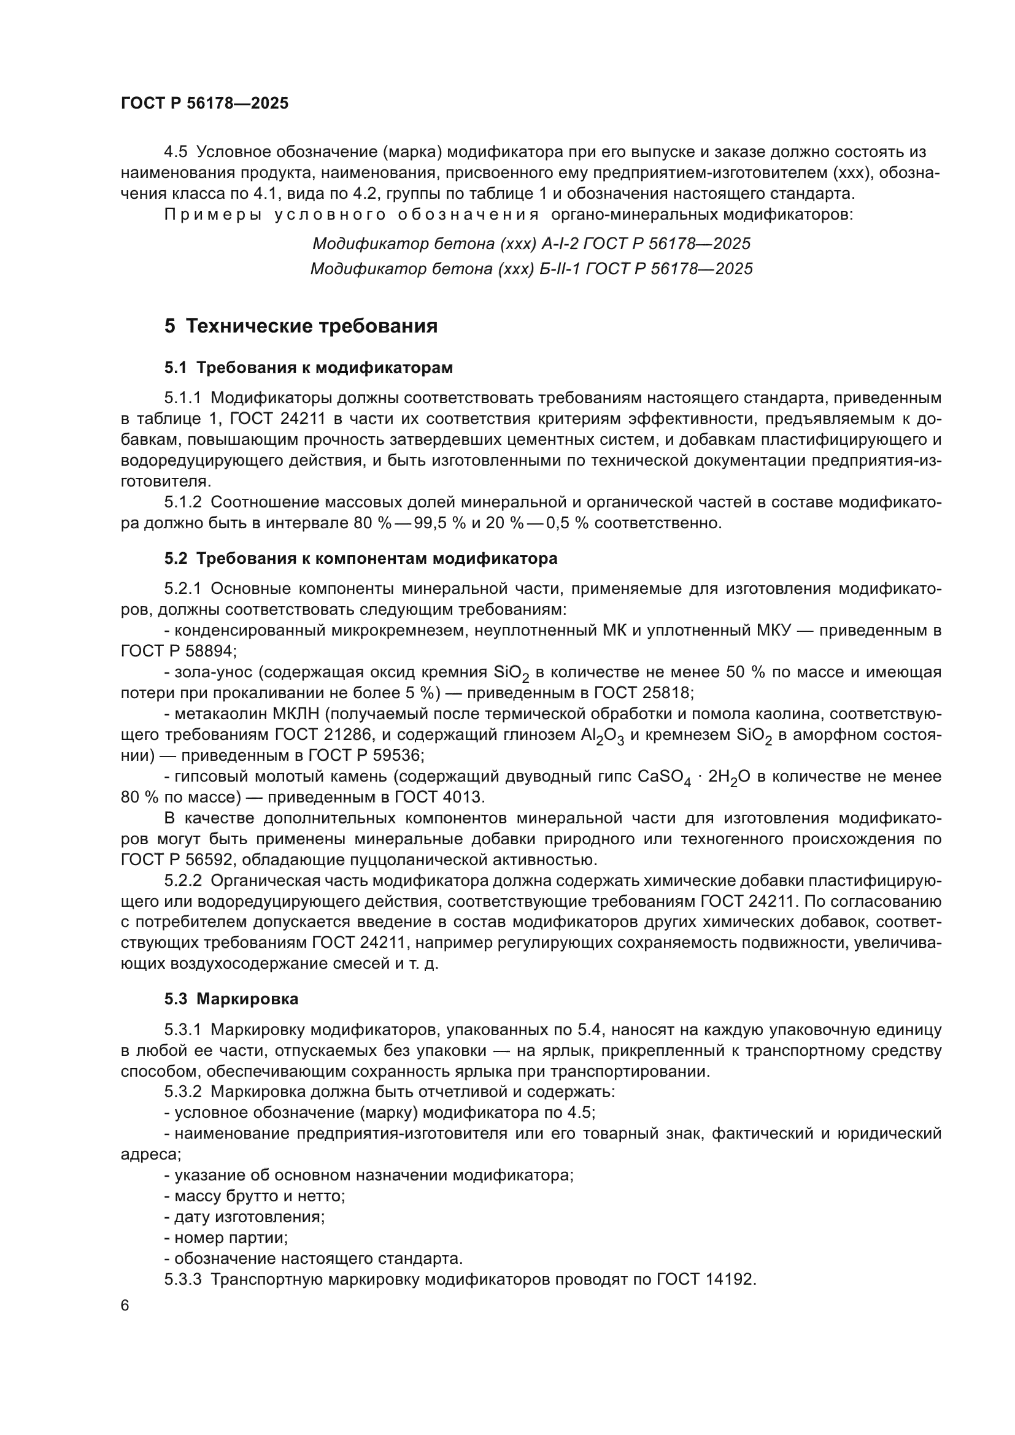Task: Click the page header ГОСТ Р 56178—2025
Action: pyautogui.click(x=204, y=104)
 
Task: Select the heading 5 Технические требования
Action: pyautogui.click(x=301, y=326)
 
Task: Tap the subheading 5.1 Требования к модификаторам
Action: pyautogui.click(x=309, y=368)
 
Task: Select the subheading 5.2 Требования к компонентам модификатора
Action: pyautogui.click(x=361, y=559)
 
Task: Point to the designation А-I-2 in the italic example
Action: pyautogui.click(x=560, y=244)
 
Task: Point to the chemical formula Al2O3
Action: pyautogui.click(x=602, y=736)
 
